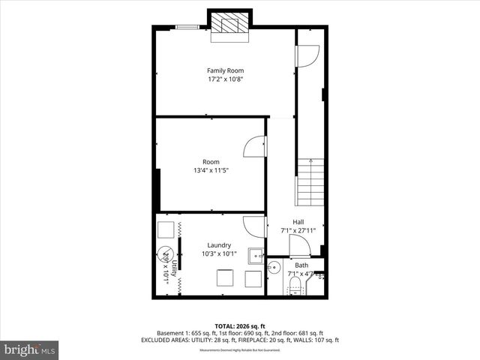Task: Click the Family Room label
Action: (x=226, y=70)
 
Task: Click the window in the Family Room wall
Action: (x=188, y=28)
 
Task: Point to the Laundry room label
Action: (x=219, y=245)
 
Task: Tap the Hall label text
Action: (x=298, y=222)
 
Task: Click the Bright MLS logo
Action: (x=29, y=349)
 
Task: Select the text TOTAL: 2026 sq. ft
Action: (x=241, y=325)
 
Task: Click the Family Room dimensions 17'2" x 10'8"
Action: (x=226, y=79)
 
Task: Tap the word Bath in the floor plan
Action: (x=301, y=265)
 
